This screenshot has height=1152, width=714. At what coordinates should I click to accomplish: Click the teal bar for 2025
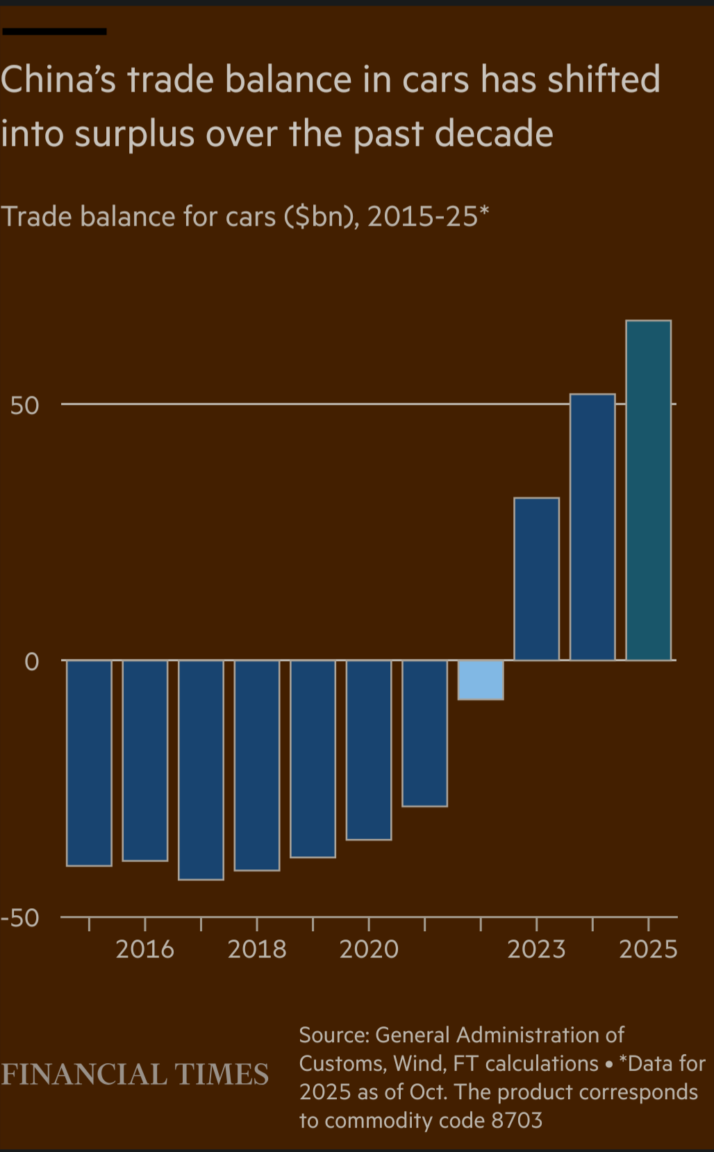(648, 490)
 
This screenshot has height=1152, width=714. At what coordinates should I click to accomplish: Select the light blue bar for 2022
(481, 679)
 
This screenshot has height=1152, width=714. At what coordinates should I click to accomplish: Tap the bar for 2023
(536, 578)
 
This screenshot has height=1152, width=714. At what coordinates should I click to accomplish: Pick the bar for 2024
(592, 526)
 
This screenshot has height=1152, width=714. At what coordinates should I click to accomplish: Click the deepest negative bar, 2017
(201, 769)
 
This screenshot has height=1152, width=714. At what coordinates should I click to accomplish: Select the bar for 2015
(89, 762)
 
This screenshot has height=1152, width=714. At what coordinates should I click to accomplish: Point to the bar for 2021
(424, 733)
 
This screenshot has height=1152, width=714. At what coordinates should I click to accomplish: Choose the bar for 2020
(369, 749)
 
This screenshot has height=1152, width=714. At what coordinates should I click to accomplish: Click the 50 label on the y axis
(25, 406)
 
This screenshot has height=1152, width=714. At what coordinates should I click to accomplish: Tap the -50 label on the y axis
(21, 918)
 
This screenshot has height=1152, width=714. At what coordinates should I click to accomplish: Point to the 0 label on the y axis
(32, 662)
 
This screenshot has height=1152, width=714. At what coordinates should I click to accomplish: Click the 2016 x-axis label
(144, 949)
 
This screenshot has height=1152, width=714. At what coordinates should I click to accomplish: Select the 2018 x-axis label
(257, 949)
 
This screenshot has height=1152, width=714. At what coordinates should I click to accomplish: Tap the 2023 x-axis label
(536, 949)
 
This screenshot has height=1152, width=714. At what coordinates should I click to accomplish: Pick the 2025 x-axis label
(648, 949)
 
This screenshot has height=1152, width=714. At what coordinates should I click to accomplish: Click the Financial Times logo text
(135, 1074)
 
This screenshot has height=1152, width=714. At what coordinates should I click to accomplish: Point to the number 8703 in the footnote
(517, 1120)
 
